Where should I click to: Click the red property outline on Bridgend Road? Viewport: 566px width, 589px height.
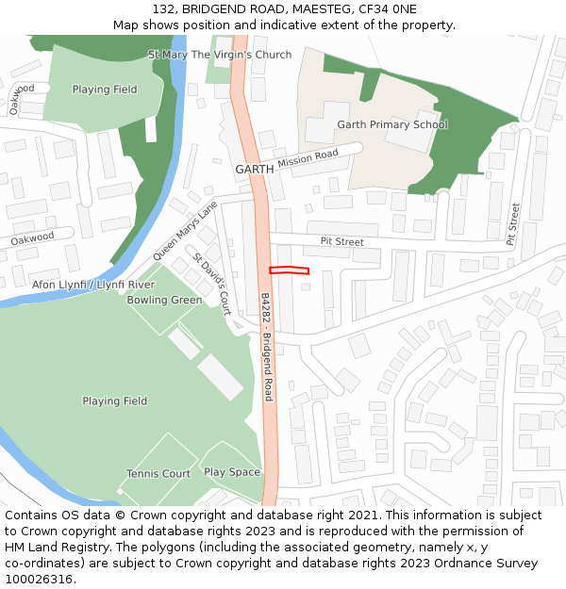point(289,270)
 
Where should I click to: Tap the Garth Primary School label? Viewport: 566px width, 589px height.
point(392,124)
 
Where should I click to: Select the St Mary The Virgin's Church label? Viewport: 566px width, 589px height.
point(220,55)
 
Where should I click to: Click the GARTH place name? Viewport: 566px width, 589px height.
point(254,169)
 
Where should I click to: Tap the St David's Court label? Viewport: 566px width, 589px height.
point(212,284)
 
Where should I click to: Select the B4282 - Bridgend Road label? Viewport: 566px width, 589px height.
point(267,346)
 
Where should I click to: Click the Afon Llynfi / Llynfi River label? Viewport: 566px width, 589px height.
point(93,285)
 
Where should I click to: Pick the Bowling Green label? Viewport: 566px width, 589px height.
point(164,301)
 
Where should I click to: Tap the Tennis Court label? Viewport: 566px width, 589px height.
point(158,474)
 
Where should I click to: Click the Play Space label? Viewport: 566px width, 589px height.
point(232,472)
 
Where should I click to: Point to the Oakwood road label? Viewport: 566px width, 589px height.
point(32,239)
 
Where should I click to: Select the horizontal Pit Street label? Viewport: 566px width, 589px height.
point(341,242)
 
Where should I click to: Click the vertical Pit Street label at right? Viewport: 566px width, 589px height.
point(513,224)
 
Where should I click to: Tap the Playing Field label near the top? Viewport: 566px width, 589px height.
point(105,90)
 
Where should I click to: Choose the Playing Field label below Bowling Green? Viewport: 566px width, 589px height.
point(114,401)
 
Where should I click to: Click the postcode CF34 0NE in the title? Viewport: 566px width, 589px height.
point(384,8)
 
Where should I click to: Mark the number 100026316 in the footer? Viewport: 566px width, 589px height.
point(40,580)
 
